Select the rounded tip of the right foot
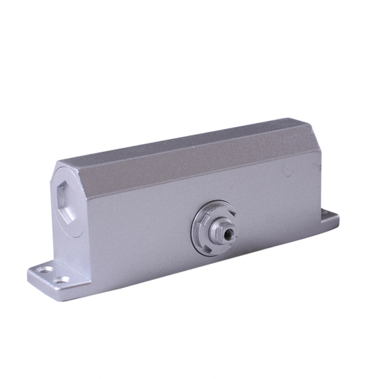337,218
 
